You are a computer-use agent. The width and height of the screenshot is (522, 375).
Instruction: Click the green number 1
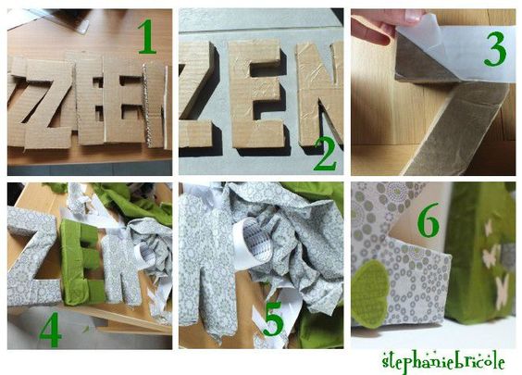(147, 37)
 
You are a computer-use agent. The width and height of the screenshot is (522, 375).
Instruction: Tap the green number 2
(325, 154)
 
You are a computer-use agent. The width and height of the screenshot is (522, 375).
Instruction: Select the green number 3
(495, 49)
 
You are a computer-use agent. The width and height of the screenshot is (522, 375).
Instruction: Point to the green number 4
(51, 330)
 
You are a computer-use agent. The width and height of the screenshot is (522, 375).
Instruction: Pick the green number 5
(273, 319)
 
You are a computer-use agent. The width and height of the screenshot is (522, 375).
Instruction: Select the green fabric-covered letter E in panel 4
(81, 262)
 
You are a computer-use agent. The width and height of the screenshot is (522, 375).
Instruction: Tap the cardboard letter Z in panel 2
(197, 95)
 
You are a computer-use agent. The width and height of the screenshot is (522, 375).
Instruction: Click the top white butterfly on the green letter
(488, 228)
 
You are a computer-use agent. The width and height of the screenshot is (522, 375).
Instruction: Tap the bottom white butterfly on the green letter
(502, 292)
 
